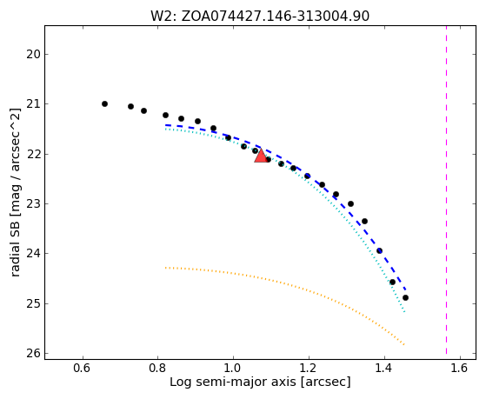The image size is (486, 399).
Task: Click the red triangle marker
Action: point(261,156)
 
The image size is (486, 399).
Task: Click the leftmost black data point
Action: point(104,103)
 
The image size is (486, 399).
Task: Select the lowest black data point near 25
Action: point(405,298)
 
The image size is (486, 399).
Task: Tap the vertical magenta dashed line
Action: point(446,190)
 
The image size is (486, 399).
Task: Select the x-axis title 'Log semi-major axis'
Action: point(233,382)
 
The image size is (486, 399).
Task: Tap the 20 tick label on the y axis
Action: point(33,55)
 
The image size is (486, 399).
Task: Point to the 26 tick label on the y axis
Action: point(33,354)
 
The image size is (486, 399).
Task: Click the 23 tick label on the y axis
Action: point(33,204)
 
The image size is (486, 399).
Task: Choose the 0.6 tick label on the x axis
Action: point(82,368)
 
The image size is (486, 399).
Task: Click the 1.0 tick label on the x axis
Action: point(233,368)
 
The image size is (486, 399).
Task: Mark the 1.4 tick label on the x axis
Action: point(384,368)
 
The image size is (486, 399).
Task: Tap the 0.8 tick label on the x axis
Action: point(157,368)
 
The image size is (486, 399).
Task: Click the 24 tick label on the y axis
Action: point(33,254)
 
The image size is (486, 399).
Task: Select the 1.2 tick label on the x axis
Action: point(309,368)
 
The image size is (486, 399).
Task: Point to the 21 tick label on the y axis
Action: point(33,103)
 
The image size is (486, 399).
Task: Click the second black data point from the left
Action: point(130,107)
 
